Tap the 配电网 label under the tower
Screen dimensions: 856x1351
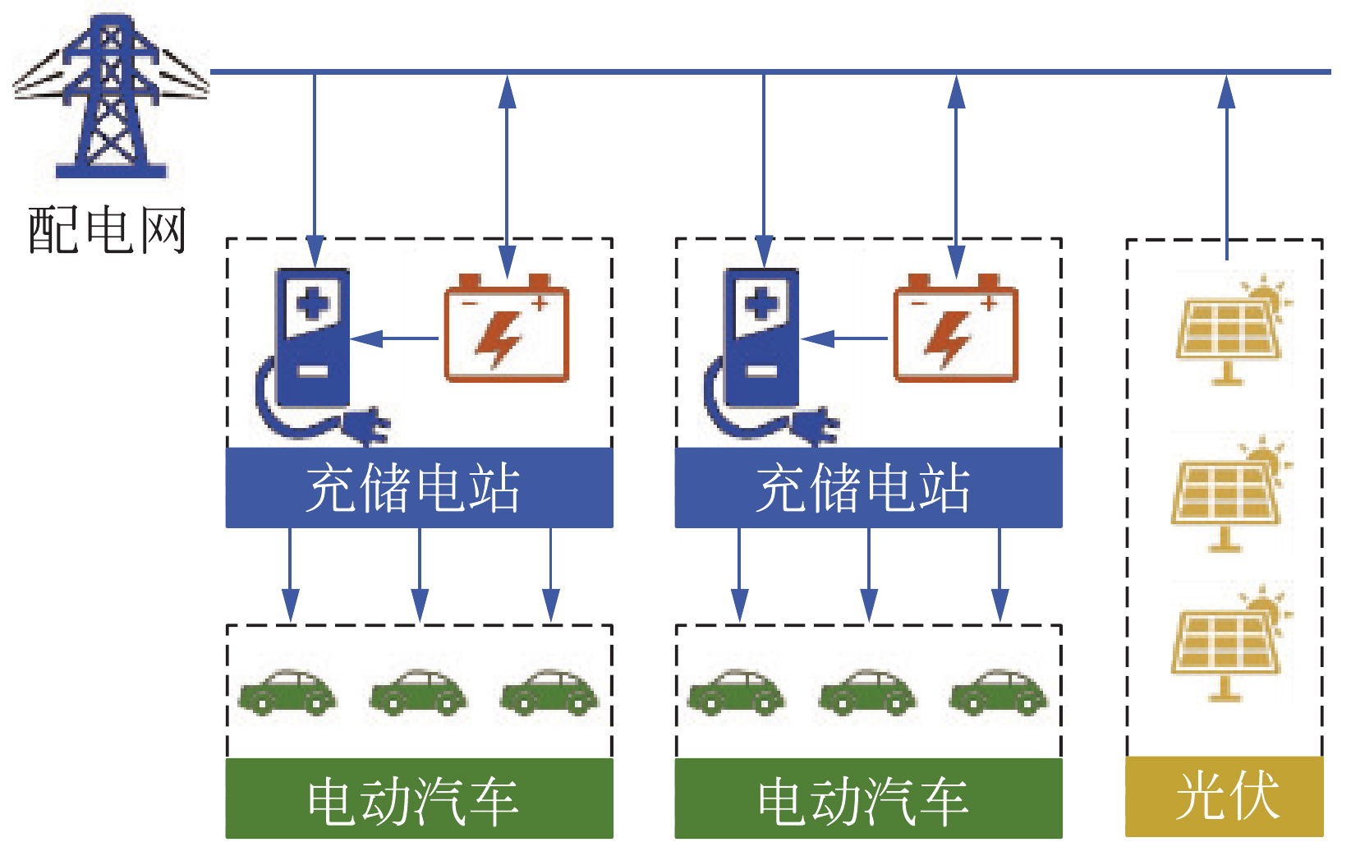(x=108, y=230)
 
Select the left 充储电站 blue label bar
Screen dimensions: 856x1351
(x=419, y=488)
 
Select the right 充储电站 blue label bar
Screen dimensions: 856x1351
(x=868, y=488)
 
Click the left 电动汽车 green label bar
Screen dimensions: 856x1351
(x=419, y=798)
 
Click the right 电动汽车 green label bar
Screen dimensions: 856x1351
(x=868, y=798)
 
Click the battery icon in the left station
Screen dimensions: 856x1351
(x=506, y=329)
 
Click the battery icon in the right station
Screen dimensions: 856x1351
(x=955, y=329)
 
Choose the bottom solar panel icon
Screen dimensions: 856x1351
(x=1228, y=644)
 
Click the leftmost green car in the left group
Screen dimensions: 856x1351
(x=287, y=692)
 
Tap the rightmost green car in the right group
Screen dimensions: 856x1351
(x=999, y=692)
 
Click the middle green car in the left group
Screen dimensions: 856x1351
(x=419, y=692)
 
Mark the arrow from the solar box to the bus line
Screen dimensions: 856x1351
(x=1226, y=164)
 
